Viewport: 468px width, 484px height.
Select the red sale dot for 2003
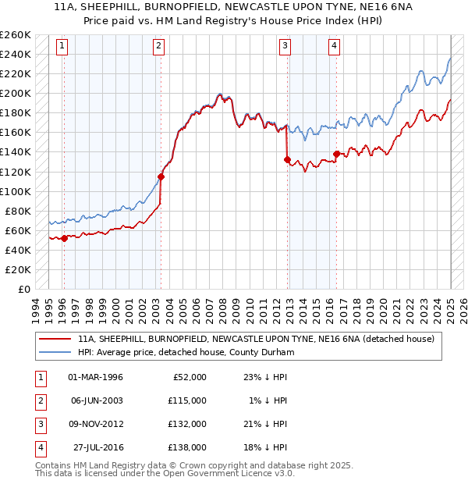pos(161,176)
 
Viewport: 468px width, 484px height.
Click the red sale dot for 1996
pos(64,238)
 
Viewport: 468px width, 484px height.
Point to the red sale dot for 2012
pos(287,160)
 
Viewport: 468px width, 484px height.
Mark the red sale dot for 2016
pos(336,154)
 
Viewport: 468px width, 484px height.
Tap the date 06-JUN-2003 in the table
pos(96,400)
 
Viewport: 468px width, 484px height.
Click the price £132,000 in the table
pos(187,424)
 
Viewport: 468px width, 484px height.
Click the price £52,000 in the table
pos(190,377)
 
